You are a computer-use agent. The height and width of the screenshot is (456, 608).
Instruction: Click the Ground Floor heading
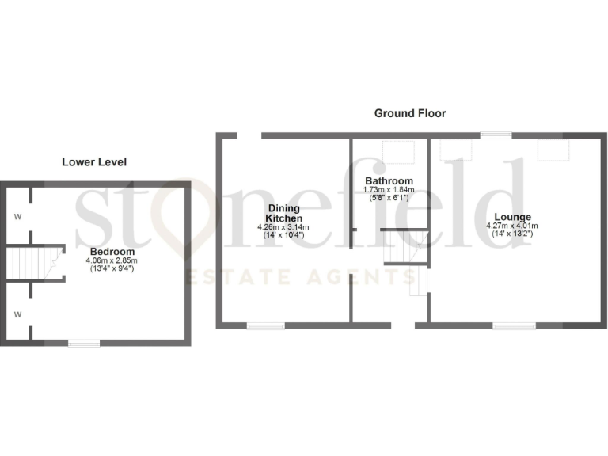pos(409,113)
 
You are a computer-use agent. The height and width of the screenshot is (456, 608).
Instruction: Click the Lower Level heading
pos(94,162)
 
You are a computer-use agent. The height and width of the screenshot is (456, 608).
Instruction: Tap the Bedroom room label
pos(112,251)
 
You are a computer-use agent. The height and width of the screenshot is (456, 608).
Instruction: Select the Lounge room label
pos(512,217)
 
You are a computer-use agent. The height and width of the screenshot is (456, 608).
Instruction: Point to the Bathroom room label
pos(389,180)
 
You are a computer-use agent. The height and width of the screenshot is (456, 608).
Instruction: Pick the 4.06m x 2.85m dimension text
pos(112,260)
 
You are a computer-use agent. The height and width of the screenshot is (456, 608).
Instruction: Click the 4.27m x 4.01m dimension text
pos(512,226)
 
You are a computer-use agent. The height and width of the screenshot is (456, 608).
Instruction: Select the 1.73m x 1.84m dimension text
pos(389,189)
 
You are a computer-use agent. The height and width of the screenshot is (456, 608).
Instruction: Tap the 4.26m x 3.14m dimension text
pos(283,227)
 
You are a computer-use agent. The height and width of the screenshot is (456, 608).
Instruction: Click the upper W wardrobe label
pos(17,215)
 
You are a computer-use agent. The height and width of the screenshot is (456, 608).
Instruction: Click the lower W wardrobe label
pos(17,313)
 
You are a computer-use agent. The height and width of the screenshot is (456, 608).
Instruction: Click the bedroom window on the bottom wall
pos(83,343)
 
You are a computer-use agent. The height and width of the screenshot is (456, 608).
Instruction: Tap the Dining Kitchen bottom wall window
pos(265,325)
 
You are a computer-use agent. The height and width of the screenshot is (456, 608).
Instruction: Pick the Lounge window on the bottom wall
pos(514,325)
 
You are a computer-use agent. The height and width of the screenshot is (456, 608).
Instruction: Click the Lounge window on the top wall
pos(496,135)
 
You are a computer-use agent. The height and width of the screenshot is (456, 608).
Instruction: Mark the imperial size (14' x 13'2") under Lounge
pos(512,234)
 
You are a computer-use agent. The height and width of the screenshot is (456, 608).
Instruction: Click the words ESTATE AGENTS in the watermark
pos(302,277)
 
